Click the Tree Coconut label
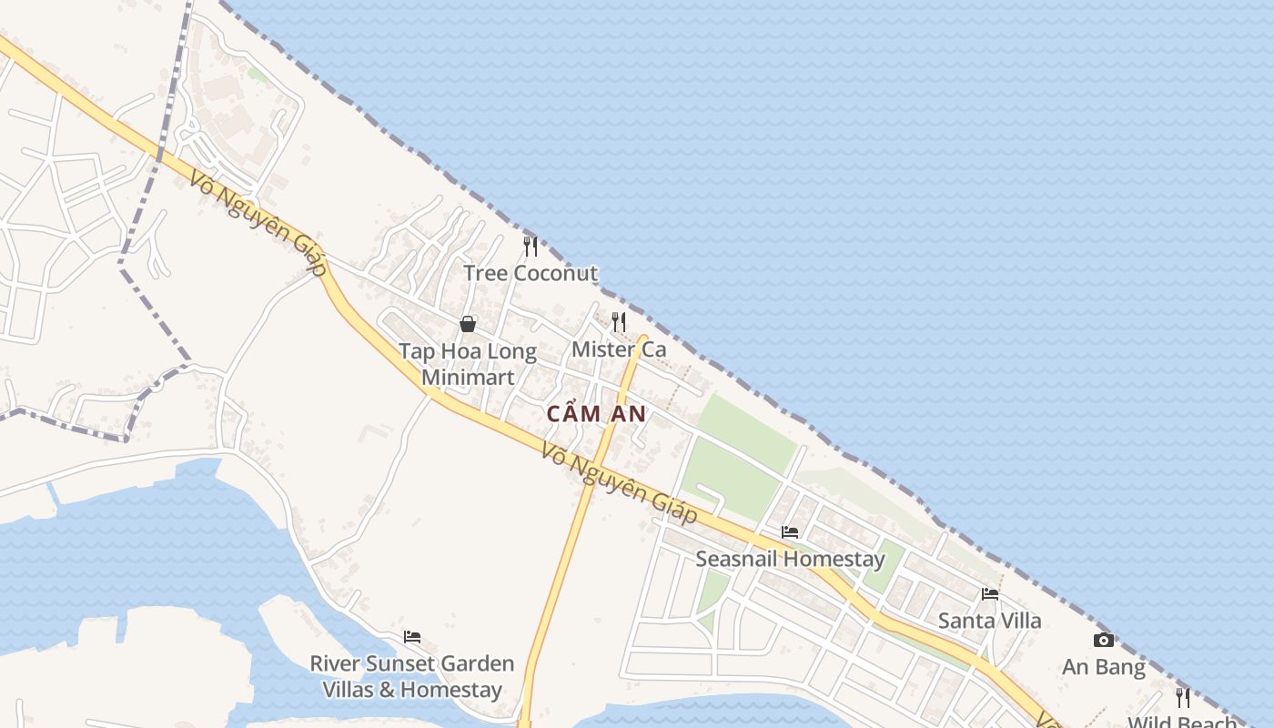pos(531,273)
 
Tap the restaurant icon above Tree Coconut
pos(531,246)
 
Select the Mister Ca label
pos(619,349)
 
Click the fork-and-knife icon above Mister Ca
pos(619,321)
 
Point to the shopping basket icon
pos(468,324)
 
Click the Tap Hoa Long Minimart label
pos(468,364)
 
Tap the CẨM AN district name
pos(596,414)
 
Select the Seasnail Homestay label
pos(790,559)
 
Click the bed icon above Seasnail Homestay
pos(790,531)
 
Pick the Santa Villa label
pos(990,621)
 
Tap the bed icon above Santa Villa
pos(990,594)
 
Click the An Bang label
pos(1104,667)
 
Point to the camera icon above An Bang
pos(1104,641)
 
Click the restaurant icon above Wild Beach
pos(1183,698)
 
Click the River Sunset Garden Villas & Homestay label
pos(412,676)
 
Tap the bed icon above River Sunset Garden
pos(412,637)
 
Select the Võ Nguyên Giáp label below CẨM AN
pos(619,482)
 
